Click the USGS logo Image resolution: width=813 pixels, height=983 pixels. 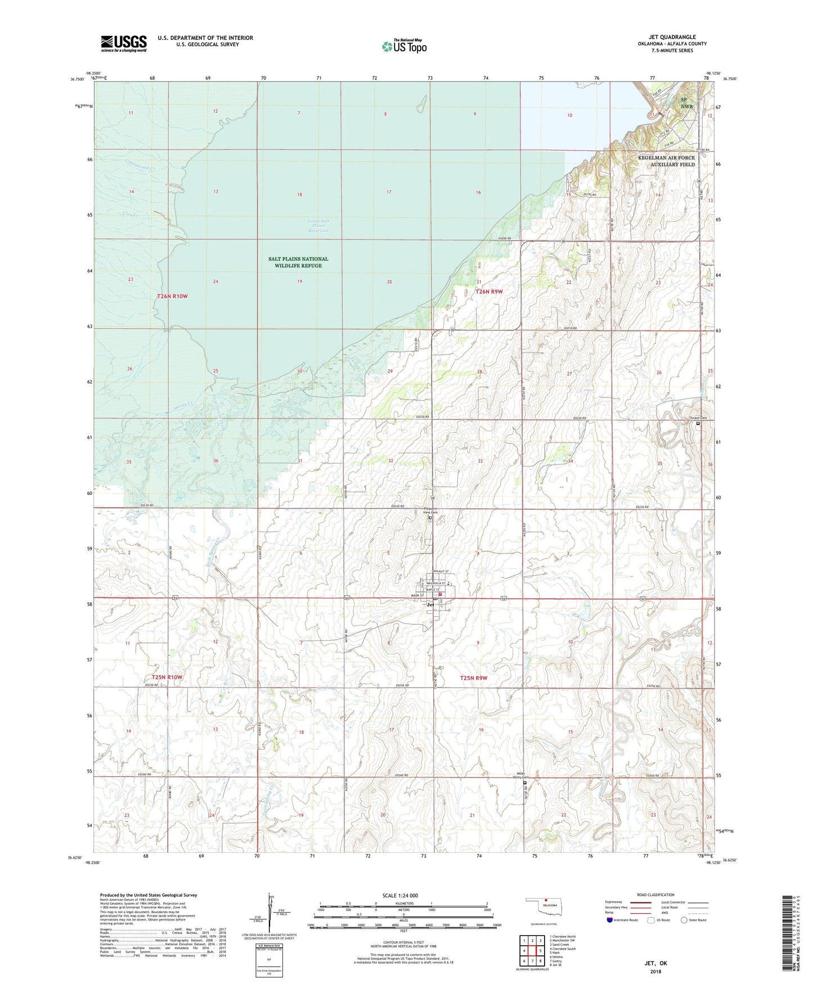124,43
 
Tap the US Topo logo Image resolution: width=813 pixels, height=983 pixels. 403,46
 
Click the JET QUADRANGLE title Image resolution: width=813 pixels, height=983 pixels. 672,37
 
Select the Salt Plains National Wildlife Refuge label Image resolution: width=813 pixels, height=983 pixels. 298,262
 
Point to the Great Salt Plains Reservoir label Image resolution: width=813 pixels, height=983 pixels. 318,226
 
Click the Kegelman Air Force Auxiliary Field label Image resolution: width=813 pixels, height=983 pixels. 666,161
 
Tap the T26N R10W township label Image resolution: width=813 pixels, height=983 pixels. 172,296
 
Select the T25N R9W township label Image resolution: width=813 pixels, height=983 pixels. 473,678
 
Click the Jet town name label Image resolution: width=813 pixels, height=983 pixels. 430,605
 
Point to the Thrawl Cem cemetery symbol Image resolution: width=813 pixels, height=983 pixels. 698,423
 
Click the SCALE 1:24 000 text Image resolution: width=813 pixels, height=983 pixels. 400,895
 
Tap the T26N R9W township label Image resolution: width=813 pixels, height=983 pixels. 488,292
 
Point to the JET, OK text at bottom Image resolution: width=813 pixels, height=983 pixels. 655,963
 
